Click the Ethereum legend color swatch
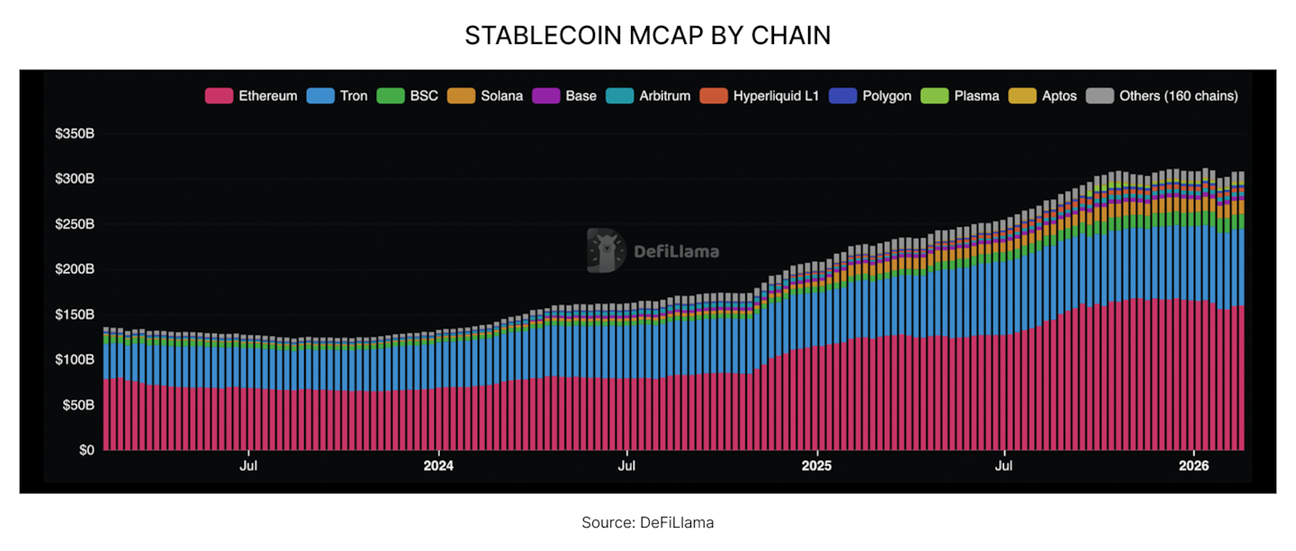click(220, 95)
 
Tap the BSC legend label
click(424, 95)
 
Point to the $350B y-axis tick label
click(76, 134)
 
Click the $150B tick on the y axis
click(76, 315)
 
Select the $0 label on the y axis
click(85, 450)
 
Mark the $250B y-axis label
click(76, 224)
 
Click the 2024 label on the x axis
click(438, 466)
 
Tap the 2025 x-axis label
click(816, 466)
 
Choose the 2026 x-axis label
click(1193, 466)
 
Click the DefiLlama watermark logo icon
click(606, 250)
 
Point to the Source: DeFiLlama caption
click(648, 522)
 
